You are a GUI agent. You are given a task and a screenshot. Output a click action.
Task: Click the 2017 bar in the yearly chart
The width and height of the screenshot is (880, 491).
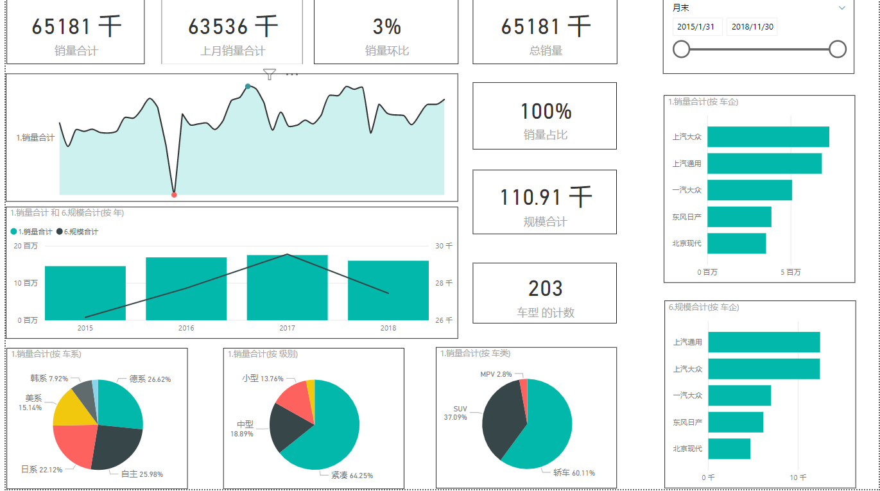pyautogui.click(x=287, y=289)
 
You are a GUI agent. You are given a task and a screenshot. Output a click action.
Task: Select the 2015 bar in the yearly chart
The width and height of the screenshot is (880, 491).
pyautogui.click(x=85, y=293)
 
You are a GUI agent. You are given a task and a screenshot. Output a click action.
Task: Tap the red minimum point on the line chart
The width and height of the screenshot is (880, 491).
pyautogui.click(x=174, y=194)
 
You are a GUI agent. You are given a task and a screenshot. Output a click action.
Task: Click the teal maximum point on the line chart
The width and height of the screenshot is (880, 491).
pyautogui.click(x=248, y=86)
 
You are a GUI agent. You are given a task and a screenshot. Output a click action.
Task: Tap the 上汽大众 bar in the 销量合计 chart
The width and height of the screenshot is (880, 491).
pyautogui.click(x=768, y=137)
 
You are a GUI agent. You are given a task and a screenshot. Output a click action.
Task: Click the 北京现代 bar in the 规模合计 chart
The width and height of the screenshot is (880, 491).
pyautogui.click(x=729, y=449)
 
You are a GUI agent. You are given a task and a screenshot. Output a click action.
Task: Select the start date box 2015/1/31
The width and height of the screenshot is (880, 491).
pyautogui.click(x=698, y=27)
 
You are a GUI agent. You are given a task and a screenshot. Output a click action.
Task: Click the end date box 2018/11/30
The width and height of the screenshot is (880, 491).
pyautogui.click(x=752, y=27)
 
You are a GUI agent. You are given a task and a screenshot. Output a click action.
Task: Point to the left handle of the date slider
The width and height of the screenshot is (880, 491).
pyautogui.click(x=681, y=49)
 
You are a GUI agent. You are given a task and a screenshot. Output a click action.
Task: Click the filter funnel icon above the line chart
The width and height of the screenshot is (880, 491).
pyautogui.click(x=270, y=74)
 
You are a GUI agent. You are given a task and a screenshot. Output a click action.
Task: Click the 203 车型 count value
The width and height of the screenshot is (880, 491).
pyautogui.click(x=545, y=289)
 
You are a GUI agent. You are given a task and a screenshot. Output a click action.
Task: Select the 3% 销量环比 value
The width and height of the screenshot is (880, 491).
pyautogui.click(x=386, y=27)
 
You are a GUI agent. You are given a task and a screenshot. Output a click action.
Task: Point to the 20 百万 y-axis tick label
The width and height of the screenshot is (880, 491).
pyautogui.click(x=26, y=246)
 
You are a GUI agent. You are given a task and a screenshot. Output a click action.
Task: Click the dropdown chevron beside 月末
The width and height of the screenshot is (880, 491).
pyautogui.click(x=841, y=8)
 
